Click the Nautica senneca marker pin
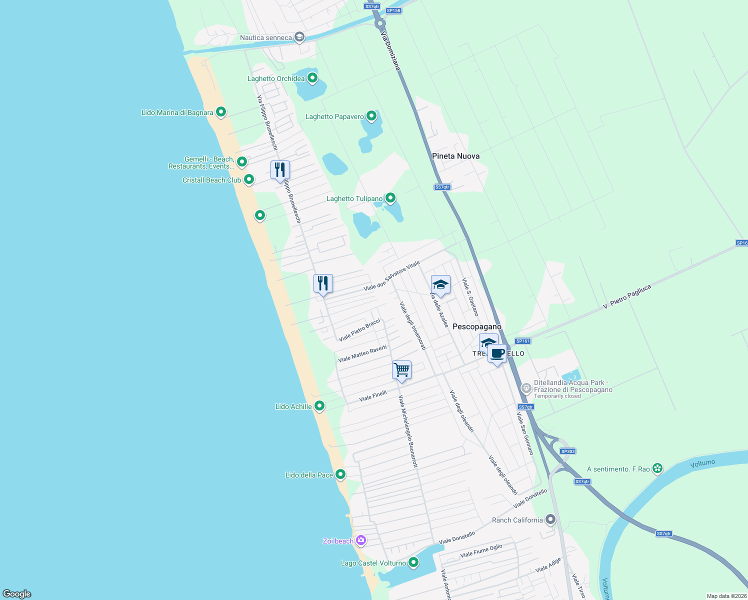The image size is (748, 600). (299, 37)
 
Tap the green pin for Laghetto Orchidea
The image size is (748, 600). (312, 78)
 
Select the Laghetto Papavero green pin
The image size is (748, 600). (371, 116)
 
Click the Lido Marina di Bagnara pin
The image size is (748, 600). (221, 112)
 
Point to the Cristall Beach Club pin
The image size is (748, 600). (248, 179)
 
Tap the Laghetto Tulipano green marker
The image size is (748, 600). (390, 198)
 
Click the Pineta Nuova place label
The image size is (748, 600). (455, 156)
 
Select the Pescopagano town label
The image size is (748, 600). (476, 326)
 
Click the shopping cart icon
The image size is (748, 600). (402, 370)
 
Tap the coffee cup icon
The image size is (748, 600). (497, 353)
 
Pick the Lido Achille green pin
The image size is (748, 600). (319, 406)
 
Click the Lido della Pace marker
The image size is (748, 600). (340, 474)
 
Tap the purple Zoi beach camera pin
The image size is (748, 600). (361, 540)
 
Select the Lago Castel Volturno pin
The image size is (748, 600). (413, 562)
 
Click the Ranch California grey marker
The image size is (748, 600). (550, 519)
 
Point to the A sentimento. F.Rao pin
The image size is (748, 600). (657, 468)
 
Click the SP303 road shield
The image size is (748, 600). (567, 451)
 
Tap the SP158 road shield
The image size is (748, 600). (393, 10)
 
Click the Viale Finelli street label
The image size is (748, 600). (373, 396)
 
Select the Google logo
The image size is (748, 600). (17, 593)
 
